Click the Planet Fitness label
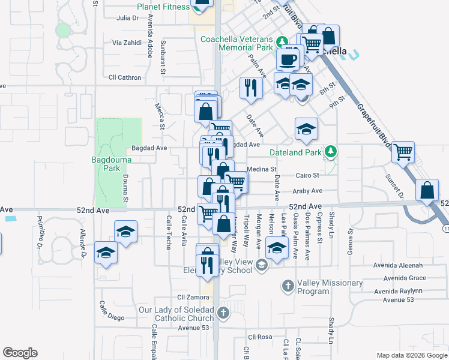163,7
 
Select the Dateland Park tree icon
330,152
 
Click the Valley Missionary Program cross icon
288,286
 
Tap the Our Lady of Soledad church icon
223,313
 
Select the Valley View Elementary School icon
262,265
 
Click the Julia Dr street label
128,18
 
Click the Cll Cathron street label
125,77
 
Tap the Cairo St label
307,176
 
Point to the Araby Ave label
307,191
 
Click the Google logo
20,352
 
